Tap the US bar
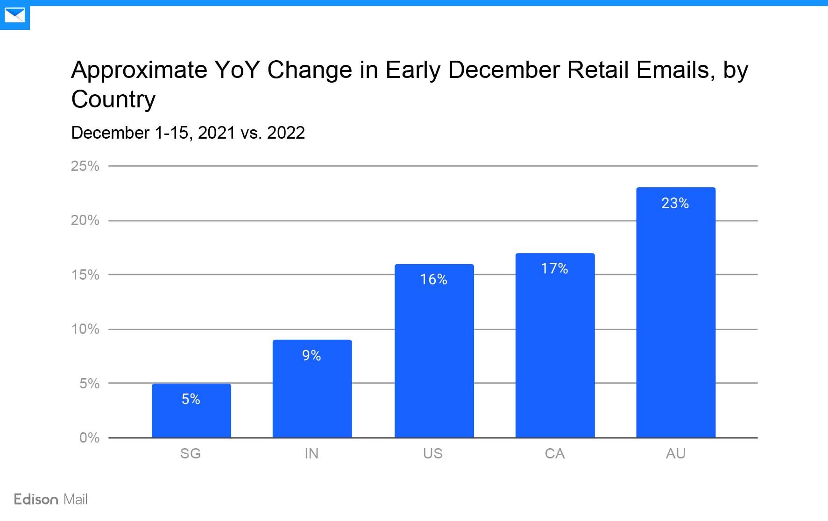point(434,355)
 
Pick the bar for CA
point(555,350)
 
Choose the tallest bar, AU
point(675,317)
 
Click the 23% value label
point(675,204)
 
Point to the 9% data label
point(311,356)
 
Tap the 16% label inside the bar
point(433,280)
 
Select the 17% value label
point(554,269)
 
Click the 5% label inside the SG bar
point(191,399)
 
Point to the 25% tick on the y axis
point(85,166)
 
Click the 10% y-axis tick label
point(85,329)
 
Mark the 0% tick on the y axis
point(89,438)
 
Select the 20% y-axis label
point(85,220)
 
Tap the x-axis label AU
point(675,454)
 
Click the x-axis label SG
point(191,454)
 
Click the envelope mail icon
point(14,15)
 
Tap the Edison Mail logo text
point(50,500)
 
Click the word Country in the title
point(113,99)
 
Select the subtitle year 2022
point(286,133)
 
